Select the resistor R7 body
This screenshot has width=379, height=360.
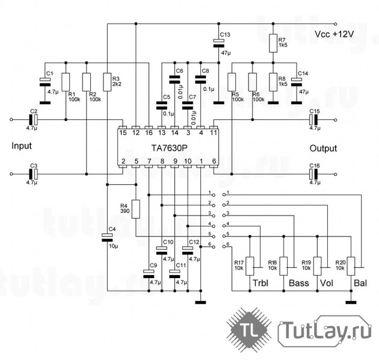click(x=273, y=43)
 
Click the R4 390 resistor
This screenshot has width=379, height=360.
click(x=136, y=208)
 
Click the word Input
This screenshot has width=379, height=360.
click(x=22, y=146)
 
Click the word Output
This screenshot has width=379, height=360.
click(x=324, y=148)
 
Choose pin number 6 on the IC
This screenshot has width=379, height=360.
click(x=214, y=161)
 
